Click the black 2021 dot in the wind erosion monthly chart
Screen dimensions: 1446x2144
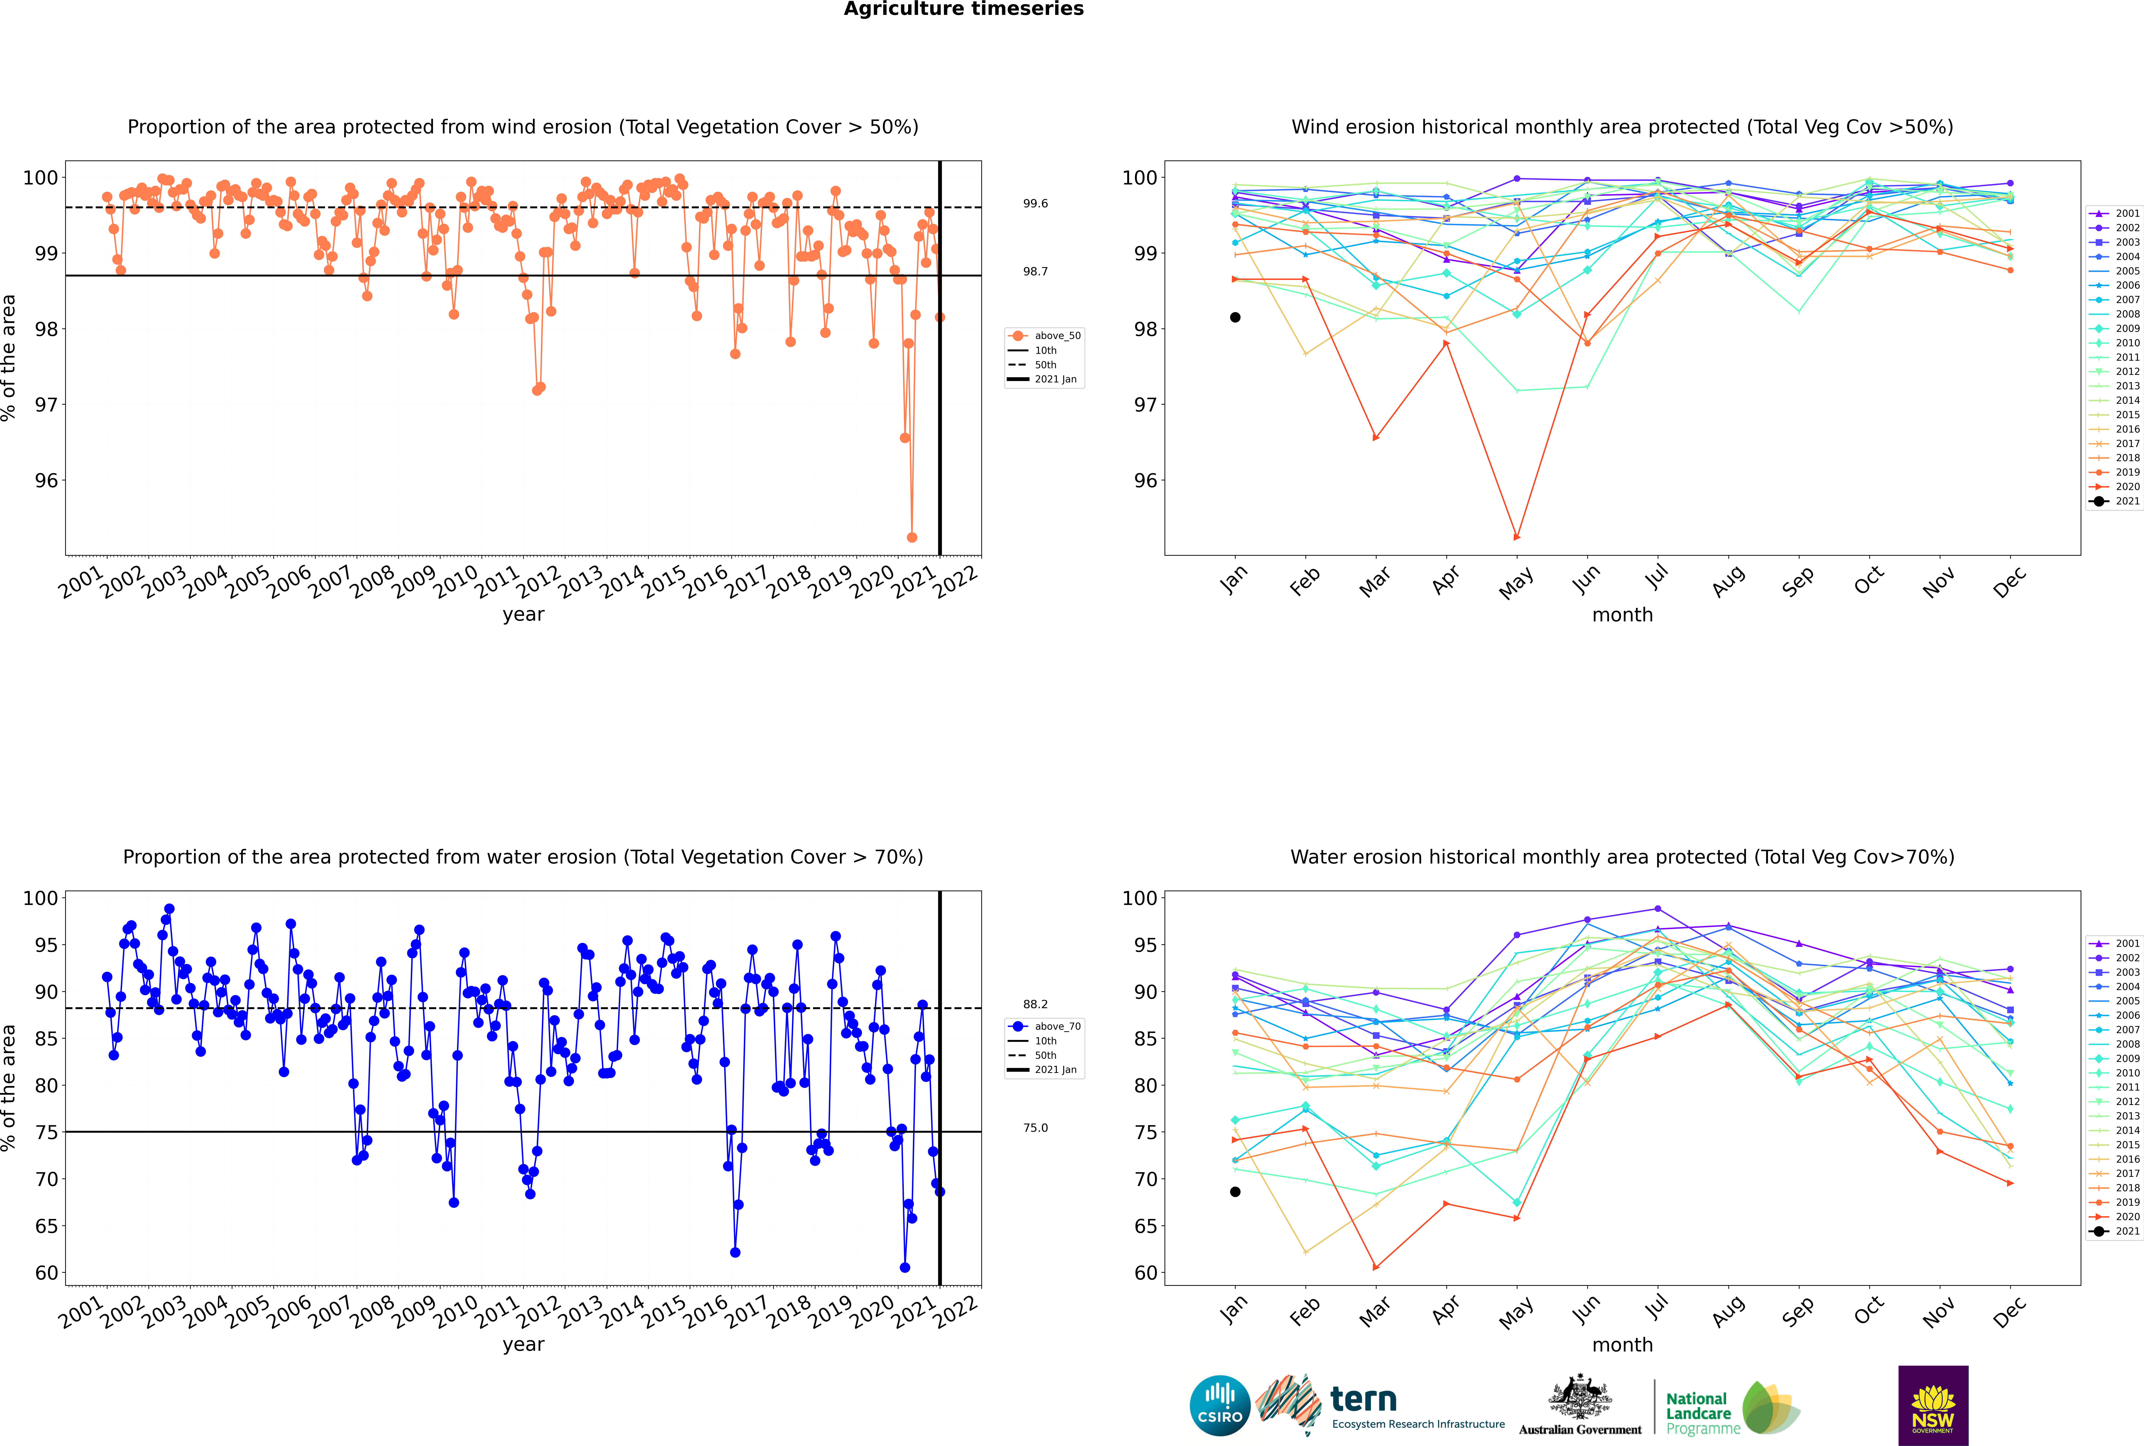point(1235,317)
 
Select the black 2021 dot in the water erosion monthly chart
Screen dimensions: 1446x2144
point(1235,1191)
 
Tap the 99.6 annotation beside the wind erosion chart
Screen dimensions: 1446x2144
point(1035,204)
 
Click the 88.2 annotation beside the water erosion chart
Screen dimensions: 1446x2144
point(1035,1004)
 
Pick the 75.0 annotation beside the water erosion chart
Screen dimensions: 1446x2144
point(1035,1128)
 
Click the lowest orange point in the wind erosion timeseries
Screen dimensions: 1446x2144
point(912,538)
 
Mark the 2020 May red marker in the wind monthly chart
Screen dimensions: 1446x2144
point(1516,537)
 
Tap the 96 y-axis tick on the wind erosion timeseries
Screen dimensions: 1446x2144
point(46,480)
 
